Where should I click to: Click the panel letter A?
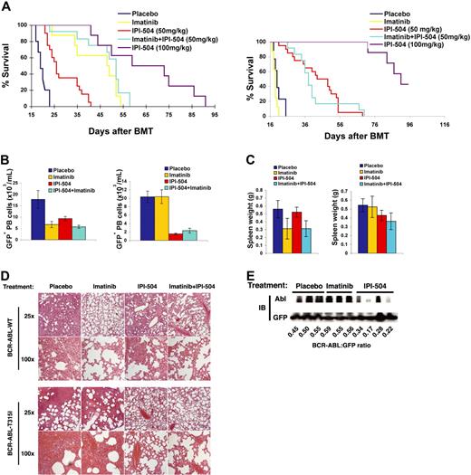[x=6, y=7]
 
